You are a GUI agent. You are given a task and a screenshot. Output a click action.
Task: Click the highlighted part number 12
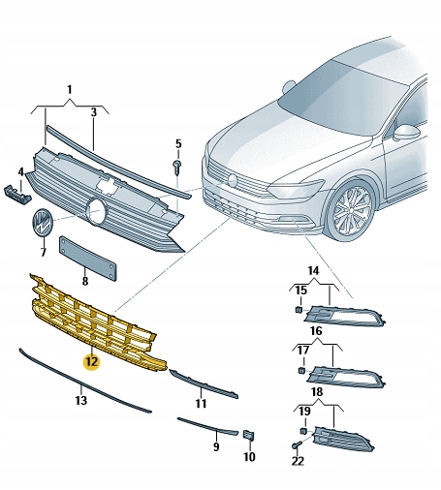click(91, 361)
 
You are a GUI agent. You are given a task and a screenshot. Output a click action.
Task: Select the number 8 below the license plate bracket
click(84, 281)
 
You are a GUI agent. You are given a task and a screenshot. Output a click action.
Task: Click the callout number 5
click(177, 144)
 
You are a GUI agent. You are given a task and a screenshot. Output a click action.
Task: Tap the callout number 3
click(94, 112)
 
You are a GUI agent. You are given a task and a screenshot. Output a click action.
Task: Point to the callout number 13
click(80, 399)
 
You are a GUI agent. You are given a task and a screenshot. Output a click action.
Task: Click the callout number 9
click(215, 446)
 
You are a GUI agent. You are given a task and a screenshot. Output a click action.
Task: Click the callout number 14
click(313, 270)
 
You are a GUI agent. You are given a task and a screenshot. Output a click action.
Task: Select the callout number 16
click(315, 330)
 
